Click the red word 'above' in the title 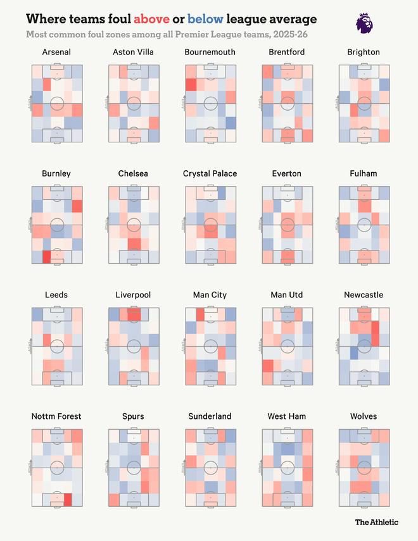pyautogui.click(x=152, y=19)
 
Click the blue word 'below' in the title pyautogui.click(x=205, y=19)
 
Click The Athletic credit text pyautogui.click(x=376, y=522)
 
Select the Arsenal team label pyautogui.click(x=56, y=52)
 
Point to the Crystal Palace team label pyautogui.click(x=210, y=173)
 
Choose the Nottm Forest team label pyautogui.click(x=56, y=416)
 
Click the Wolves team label pyautogui.click(x=363, y=416)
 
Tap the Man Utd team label pyautogui.click(x=286, y=295)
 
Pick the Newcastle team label pyautogui.click(x=363, y=295)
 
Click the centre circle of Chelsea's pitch pyautogui.click(x=134, y=225)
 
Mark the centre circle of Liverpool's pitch pyautogui.click(x=134, y=346)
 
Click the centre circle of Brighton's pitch pyautogui.click(x=364, y=103)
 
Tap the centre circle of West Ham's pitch pyautogui.click(x=287, y=468)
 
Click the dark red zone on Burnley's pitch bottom pyautogui.click(x=46, y=256)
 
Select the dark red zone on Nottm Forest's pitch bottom pyautogui.click(x=67, y=499)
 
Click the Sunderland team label pyautogui.click(x=210, y=416)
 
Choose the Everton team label pyautogui.click(x=286, y=173)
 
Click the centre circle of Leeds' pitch pyautogui.click(x=57, y=346)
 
